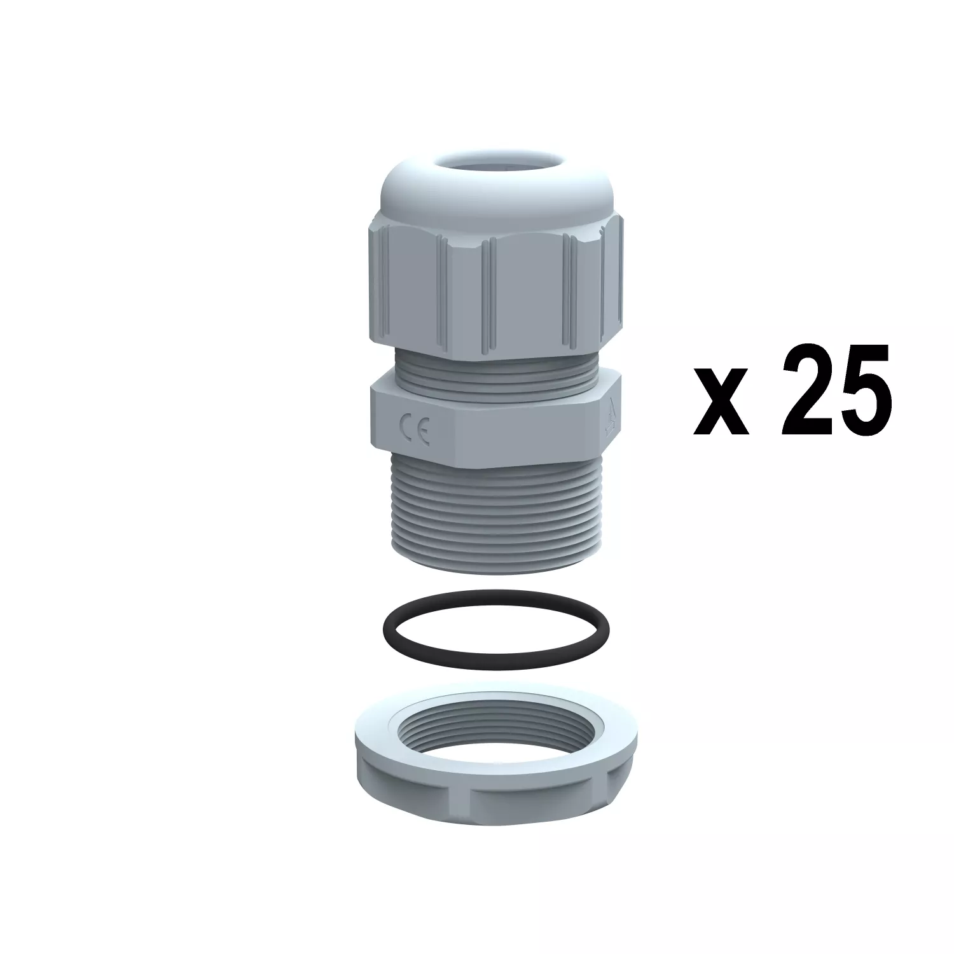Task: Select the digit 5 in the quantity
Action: [x=862, y=390]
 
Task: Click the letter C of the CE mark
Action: [x=406, y=425]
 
